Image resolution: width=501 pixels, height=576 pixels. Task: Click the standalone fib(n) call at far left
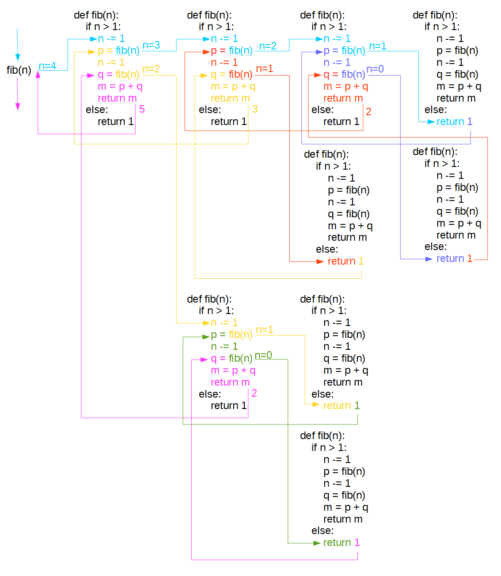pos(19,70)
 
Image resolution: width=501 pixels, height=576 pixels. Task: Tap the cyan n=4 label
pos(47,66)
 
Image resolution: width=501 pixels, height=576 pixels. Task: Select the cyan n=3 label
pos(151,45)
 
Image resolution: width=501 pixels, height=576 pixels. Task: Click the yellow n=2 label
pos(151,69)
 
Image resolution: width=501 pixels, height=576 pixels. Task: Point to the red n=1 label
pos(264,69)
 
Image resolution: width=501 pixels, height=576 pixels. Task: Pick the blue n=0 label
pos(375,69)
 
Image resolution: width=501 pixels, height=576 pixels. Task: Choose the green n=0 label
pos(263,356)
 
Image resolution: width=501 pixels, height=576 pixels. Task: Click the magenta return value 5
pos(142,109)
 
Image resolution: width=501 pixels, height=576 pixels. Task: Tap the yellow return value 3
pos(255,109)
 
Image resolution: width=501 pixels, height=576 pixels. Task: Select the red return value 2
pos(368,112)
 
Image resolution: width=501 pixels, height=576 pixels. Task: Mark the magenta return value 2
pos(254,393)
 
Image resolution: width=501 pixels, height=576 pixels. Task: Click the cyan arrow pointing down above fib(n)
pos(18,44)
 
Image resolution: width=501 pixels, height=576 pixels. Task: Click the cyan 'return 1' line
pos(454,121)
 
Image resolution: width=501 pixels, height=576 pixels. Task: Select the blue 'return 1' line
pos(454,258)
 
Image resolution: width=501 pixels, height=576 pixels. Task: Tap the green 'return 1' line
pos(341,542)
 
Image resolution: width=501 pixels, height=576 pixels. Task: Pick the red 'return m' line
pos(343,98)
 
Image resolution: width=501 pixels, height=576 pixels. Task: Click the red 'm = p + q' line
pos(345,86)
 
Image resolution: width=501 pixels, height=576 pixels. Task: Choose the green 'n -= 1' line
pos(224,346)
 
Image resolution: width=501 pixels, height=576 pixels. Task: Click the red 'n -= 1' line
pos(224,62)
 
